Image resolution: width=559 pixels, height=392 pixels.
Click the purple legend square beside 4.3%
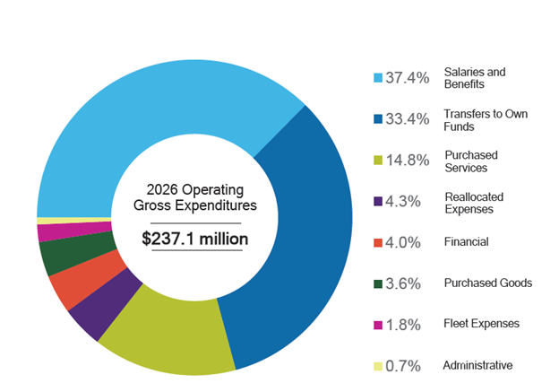click(378, 202)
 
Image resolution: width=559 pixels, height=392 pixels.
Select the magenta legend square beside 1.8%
click(378, 324)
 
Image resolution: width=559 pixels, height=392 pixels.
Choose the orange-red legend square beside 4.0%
click(378, 242)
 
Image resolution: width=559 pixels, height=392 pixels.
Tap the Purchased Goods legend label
click(488, 283)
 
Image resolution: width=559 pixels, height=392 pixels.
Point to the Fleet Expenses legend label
click(481, 324)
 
